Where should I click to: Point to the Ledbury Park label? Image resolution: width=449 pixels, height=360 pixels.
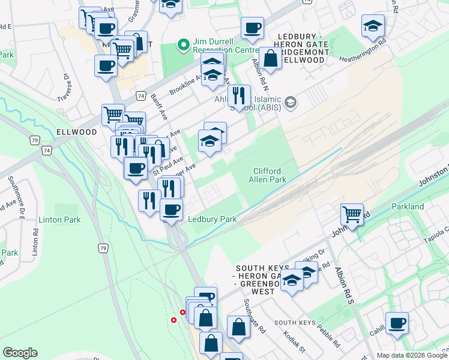(212, 220)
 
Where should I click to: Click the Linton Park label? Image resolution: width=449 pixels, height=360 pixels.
(59, 220)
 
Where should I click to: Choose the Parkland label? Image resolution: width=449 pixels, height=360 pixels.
(408, 206)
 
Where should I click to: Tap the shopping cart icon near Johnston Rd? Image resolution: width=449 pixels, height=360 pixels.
(352, 213)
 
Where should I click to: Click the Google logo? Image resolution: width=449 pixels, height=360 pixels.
(20, 353)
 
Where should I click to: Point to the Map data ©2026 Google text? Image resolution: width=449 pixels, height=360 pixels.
(412, 355)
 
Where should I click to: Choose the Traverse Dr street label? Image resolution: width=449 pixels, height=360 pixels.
(65, 87)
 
